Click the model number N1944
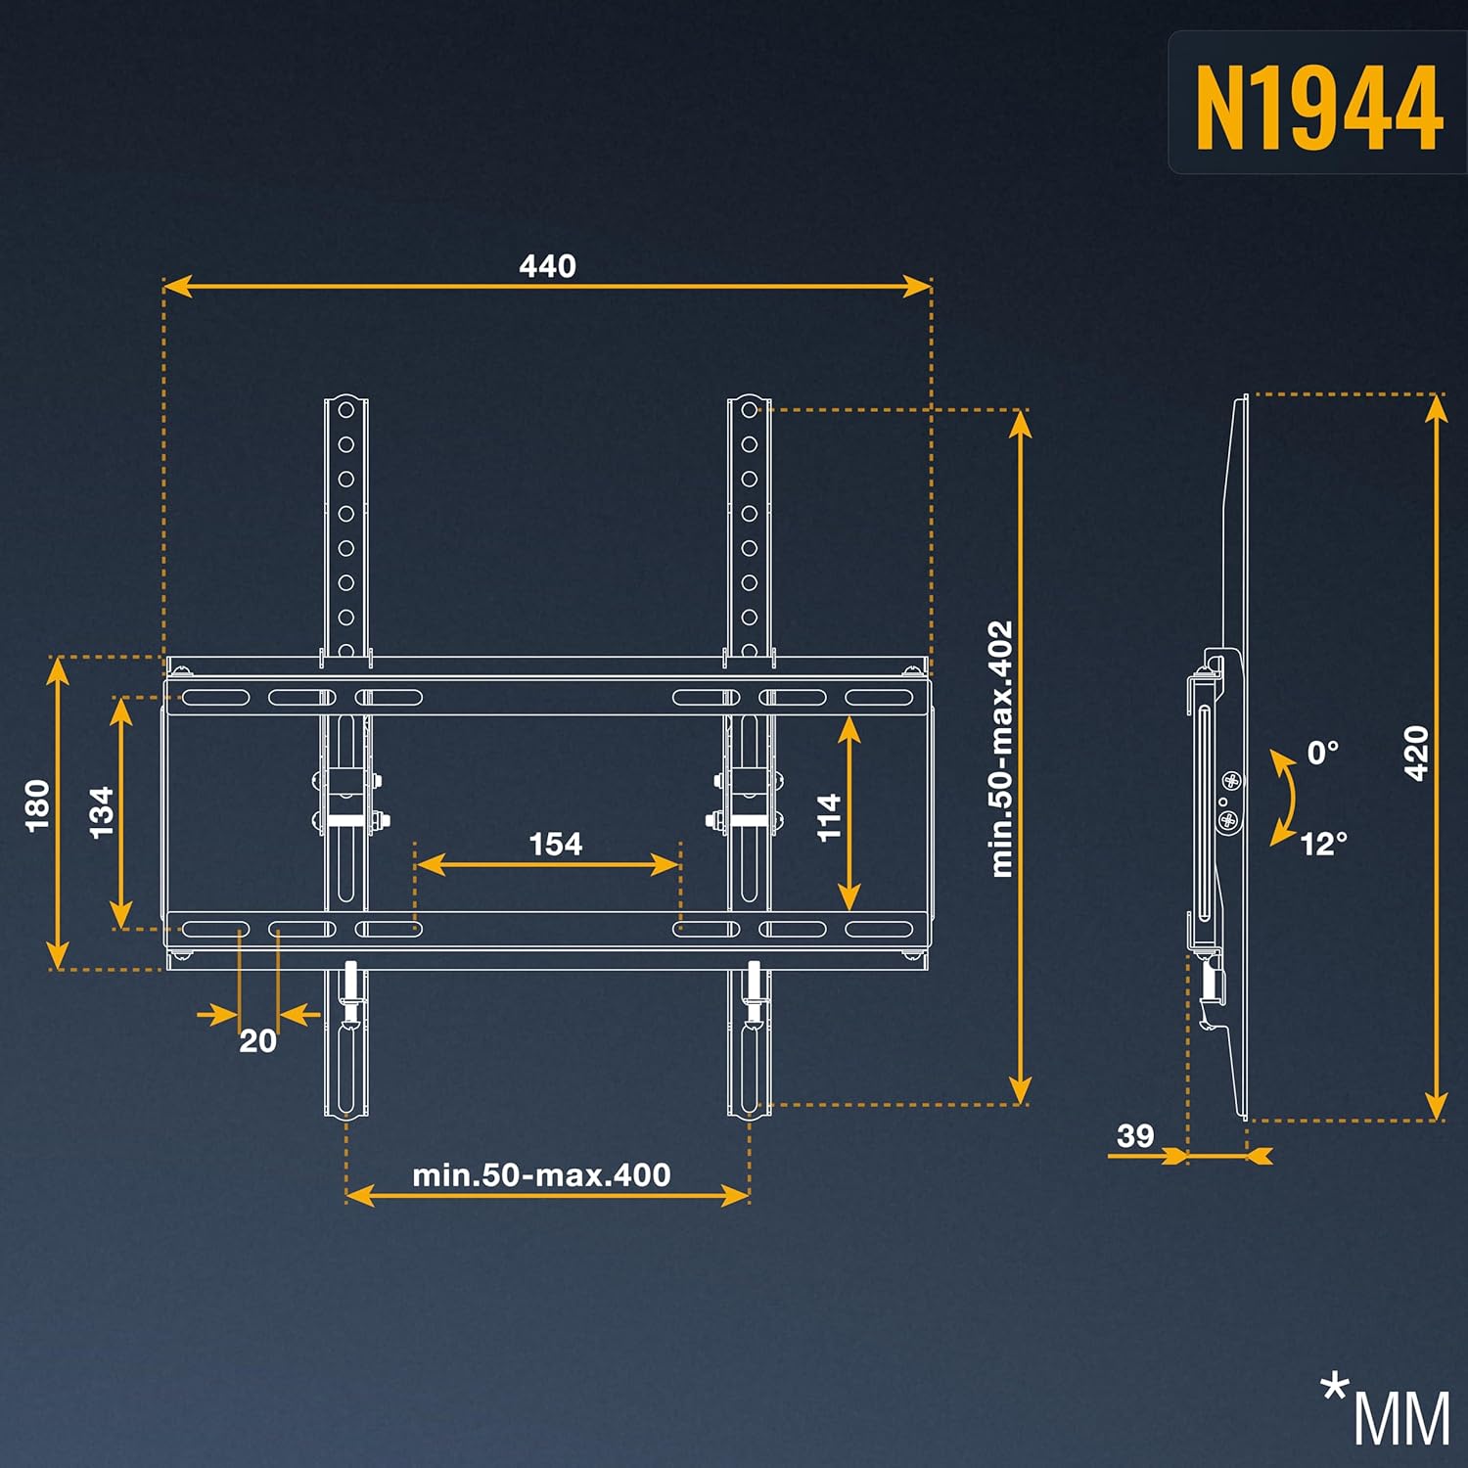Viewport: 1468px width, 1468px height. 1318,107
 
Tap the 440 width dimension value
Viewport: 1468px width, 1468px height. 547,265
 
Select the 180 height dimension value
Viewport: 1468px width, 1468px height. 37,805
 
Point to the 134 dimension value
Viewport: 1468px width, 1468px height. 102,811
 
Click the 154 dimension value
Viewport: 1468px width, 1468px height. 555,844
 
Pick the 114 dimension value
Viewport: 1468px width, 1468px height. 829,816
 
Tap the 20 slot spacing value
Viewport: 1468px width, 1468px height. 257,1040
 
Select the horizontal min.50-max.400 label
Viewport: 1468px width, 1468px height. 541,1174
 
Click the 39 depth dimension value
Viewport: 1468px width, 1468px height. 1134,1135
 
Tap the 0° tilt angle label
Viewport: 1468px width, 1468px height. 1322,753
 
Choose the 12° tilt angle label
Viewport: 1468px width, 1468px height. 1323,843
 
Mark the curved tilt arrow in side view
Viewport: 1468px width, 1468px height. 1286,798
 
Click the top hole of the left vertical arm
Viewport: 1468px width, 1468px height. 345,410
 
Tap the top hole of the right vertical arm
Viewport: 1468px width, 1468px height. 749,410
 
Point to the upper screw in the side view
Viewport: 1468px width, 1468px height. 1231,780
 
